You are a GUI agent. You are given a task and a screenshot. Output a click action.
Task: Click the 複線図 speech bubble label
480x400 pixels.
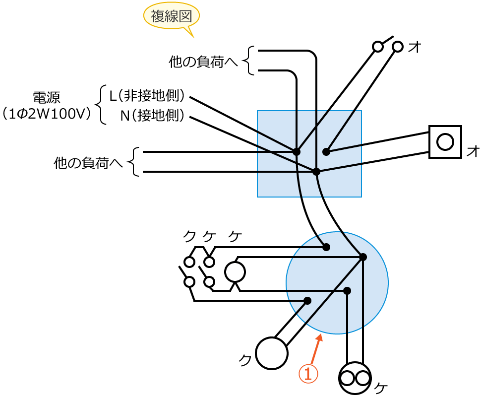(x=171, y=17)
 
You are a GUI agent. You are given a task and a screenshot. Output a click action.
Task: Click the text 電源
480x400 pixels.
(x=46, y=97)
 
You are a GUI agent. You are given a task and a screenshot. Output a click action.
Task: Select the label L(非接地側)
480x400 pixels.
(x=147, y=95)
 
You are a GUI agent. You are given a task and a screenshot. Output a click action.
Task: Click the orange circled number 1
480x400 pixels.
(x=307, y=374)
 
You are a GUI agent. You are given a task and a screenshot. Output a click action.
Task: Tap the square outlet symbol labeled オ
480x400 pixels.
(x=445, y=142)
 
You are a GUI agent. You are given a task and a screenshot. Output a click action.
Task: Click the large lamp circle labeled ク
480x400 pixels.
(x=272, y=353)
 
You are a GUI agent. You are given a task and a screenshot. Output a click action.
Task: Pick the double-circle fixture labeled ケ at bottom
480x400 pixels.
(x=355, y=379)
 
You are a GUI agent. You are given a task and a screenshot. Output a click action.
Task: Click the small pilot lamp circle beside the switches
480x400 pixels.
(x=235, y=271)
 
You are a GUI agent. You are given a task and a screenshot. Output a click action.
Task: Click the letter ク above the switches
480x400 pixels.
(x=189, y=237)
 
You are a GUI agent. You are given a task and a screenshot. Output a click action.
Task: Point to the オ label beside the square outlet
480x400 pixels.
(x=473, y=152)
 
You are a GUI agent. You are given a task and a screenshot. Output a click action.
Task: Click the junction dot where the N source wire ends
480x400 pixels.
(x=316, y=171)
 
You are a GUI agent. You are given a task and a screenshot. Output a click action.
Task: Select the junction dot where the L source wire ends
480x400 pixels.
(x=297, y=151)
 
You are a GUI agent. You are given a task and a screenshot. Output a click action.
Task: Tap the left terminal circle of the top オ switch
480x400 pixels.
(x=378, y=47)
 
